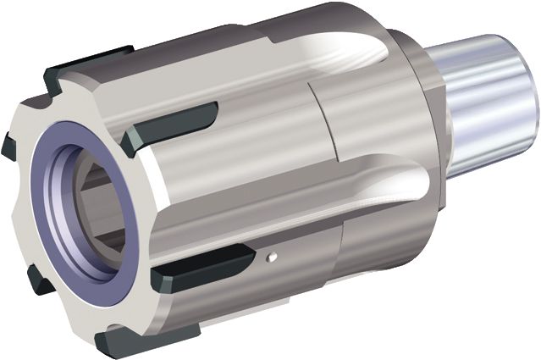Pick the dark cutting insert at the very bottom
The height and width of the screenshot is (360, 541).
[x=127, y=344]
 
